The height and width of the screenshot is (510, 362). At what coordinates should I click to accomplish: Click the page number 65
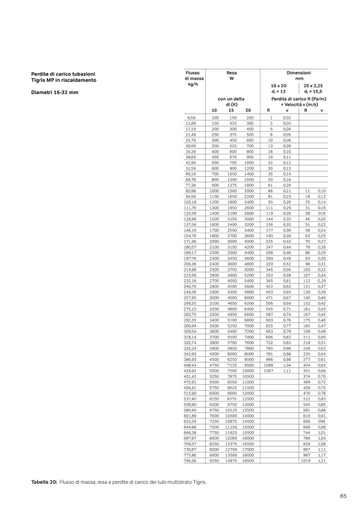[x=343, y=496]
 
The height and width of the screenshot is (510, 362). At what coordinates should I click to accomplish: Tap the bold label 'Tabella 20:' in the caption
[x=44, y=481]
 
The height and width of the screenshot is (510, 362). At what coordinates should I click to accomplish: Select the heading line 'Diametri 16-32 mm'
[x=55, y=92]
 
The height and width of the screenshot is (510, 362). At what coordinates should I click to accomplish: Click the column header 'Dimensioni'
[x=299, y=73]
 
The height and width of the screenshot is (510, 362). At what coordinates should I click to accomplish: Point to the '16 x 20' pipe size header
[x=279, y=85]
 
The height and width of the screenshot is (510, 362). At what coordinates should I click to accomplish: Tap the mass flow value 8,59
[x=191, y=118]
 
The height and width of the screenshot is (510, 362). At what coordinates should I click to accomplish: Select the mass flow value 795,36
[x=190, y=461]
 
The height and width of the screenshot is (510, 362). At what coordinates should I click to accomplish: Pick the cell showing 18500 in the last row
[x=248, y=461]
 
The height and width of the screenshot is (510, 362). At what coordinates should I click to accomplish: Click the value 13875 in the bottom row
[x=231, y=461]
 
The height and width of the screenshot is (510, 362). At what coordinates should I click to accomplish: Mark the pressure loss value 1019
[x=305, y=461]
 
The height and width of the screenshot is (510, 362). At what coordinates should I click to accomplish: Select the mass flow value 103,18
[x=190, y=202]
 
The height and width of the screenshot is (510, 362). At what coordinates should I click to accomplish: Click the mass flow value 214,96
[x=190, y=269]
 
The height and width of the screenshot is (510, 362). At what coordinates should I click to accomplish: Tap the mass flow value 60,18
[x=191, y=174]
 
